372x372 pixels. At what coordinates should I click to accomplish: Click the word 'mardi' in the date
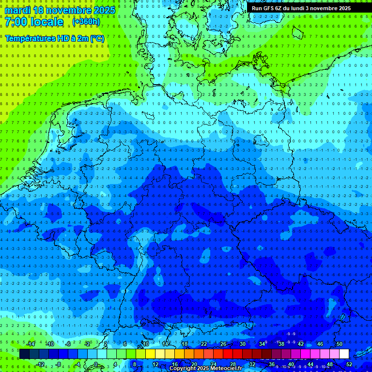click(18, 10)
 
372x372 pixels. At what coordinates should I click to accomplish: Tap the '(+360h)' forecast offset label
click(86, 22)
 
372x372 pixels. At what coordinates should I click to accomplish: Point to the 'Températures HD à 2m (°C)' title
click(54, 38)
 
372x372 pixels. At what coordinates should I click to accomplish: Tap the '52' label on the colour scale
click(349, 364)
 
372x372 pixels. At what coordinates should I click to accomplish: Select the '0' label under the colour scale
click(96, 364)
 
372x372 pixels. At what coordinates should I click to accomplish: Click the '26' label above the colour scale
click(223, 344)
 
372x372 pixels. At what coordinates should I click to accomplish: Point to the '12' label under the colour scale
click(155, 364)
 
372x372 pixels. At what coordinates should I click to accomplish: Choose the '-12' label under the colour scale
click(40, 364)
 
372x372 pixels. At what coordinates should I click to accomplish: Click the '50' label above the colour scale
click(339, 344)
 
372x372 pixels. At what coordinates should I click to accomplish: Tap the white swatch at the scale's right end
click(344, 354)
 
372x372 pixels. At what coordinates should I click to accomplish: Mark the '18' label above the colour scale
click(185, 344)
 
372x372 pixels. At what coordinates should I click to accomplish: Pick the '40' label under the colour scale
click(291, 364)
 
